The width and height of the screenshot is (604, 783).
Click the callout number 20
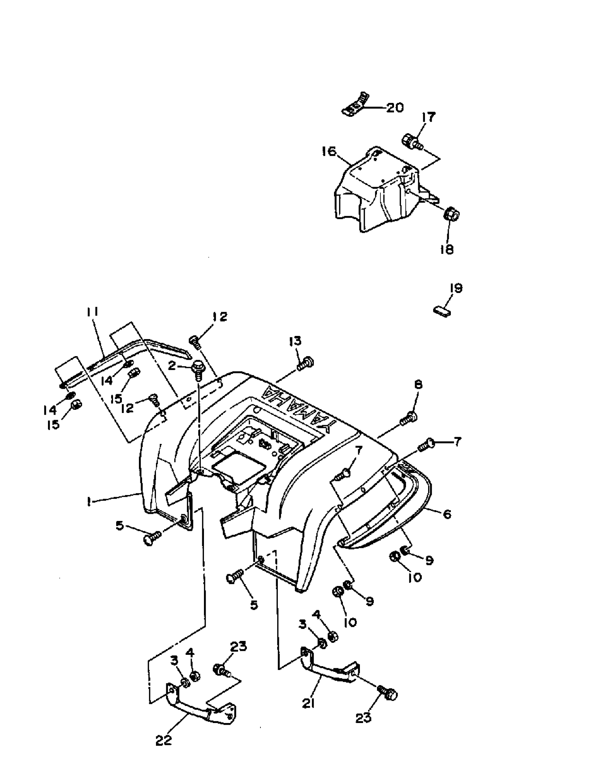pos(394,108)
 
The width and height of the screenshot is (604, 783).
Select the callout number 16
pos(329,151)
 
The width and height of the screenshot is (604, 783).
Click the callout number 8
pos(418,385)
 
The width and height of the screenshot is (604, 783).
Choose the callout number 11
pos(92,312)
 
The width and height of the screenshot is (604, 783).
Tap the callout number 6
pos(447,514)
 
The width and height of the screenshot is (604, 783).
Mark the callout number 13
pos(295,341)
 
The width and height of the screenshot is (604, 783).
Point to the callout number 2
pos(172,366)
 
